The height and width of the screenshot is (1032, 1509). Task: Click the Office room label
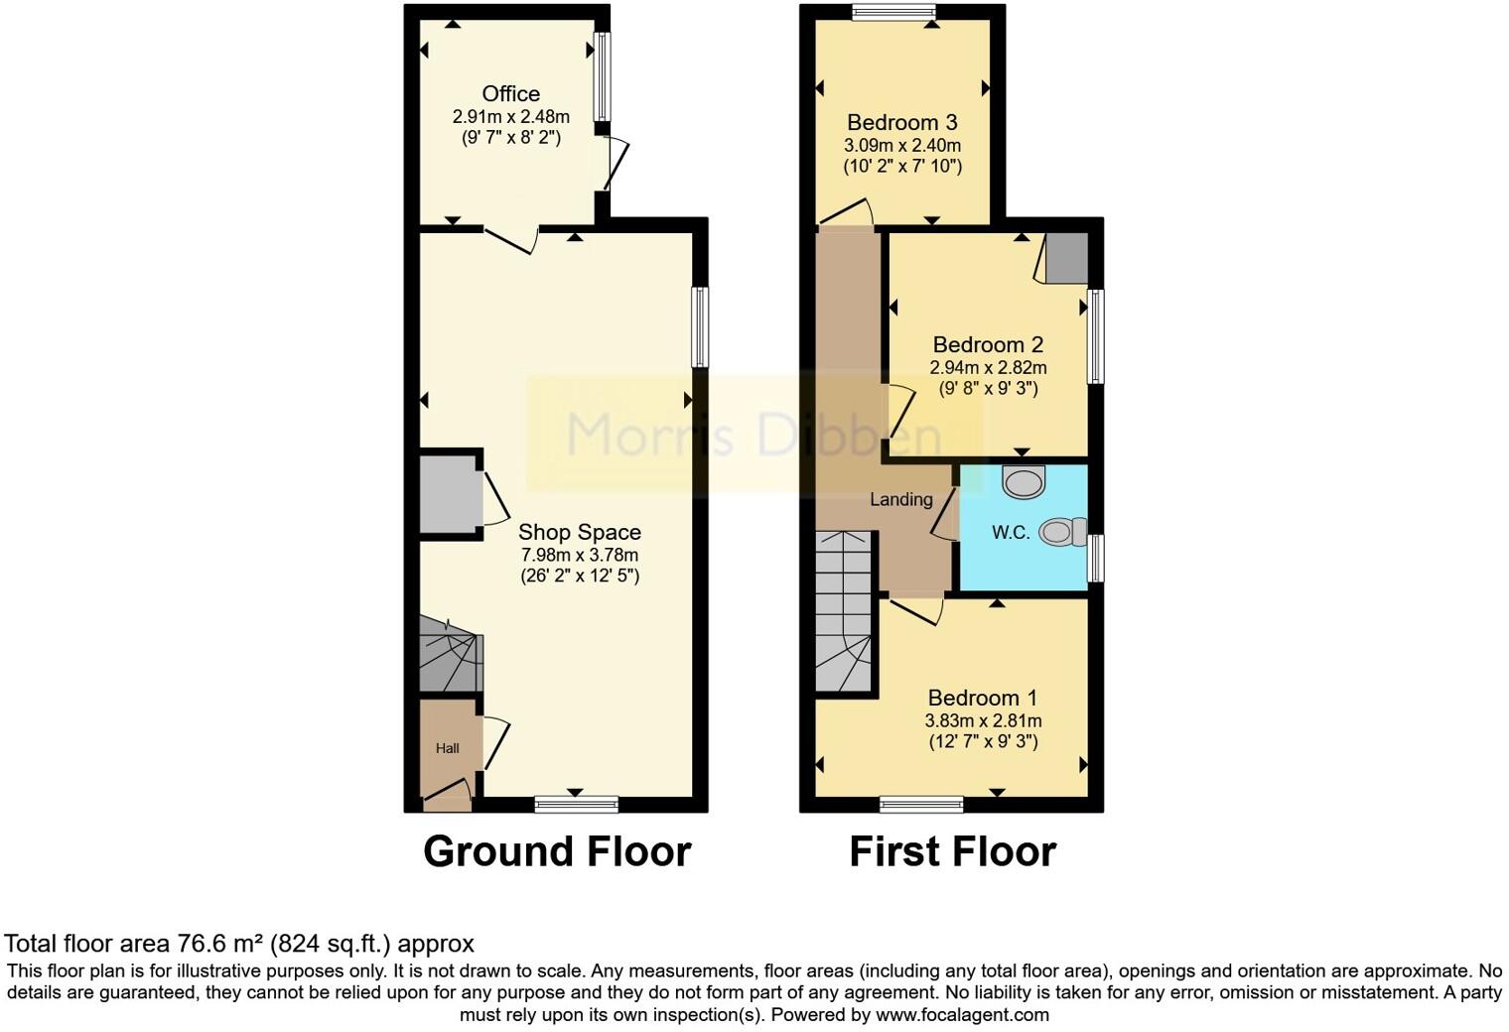(x=510, y=94)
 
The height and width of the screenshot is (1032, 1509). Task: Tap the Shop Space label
(x=579, y=533)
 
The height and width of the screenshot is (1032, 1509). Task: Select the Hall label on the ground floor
(x=447, y=748)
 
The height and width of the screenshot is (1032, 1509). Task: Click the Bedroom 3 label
(x=901, y=123)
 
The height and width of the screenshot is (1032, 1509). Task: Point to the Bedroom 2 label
(x=988, y=345)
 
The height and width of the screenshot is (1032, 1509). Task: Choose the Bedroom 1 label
(x=983, y=699)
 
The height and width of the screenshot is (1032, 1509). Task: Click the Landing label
(x=901, y=499)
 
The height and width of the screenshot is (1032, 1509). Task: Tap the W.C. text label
(x=1011, y=533)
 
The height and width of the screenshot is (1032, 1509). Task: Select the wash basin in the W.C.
(x=1024, y=482)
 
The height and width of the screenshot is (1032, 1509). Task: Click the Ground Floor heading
(x=557, y=852)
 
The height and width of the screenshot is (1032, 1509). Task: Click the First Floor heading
(x=952, y=852)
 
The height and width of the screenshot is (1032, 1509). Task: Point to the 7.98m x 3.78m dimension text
(x=580, y=555)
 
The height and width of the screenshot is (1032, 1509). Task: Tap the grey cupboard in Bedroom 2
(x=1067, y=258)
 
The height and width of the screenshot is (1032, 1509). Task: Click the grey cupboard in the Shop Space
(x=448, y=496)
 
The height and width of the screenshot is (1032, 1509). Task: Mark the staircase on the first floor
(x=843, y=610)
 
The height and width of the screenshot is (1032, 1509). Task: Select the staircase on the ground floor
(x=450, y=654)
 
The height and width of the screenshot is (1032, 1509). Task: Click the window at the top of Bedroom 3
(x=893, y=12)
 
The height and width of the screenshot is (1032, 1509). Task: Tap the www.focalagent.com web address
(x=962, y=1015)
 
